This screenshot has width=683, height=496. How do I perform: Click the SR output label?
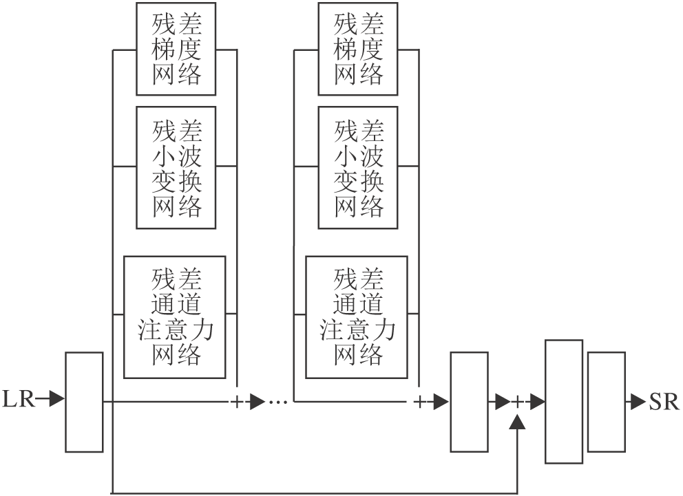[x=664, y=401]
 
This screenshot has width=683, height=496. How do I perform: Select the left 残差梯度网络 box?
[x=177, y=47]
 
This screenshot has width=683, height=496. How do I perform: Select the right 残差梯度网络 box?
[x=359, y=47]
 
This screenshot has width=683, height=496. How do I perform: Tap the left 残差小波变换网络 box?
[x=177, y=167]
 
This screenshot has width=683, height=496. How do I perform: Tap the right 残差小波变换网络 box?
[x=359, y=167]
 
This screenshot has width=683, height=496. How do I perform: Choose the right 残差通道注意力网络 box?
[x=359, y=317]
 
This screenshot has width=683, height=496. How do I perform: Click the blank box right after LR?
[x=85, y=402]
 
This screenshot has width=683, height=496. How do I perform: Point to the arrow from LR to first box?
[x=52, y=399]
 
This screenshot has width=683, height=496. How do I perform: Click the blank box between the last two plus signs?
[x=468, y=402]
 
